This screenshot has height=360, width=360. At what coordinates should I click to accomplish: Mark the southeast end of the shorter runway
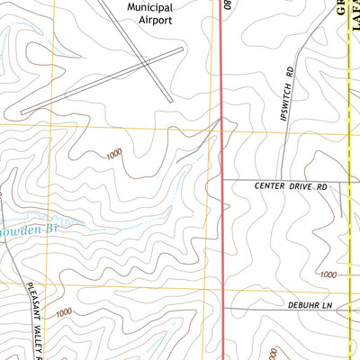click(x=166, y=102)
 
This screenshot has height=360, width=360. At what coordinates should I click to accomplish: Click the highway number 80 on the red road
click(x=229, y=5)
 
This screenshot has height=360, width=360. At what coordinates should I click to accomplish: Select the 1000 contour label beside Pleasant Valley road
click(x=62, y=313)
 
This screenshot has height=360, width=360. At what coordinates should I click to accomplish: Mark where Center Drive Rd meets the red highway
click(x=222, y=181)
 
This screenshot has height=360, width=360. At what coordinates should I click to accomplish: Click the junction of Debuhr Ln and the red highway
click(x=222, y=307)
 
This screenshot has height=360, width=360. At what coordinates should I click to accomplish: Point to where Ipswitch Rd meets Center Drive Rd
click(x=282, y=181)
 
